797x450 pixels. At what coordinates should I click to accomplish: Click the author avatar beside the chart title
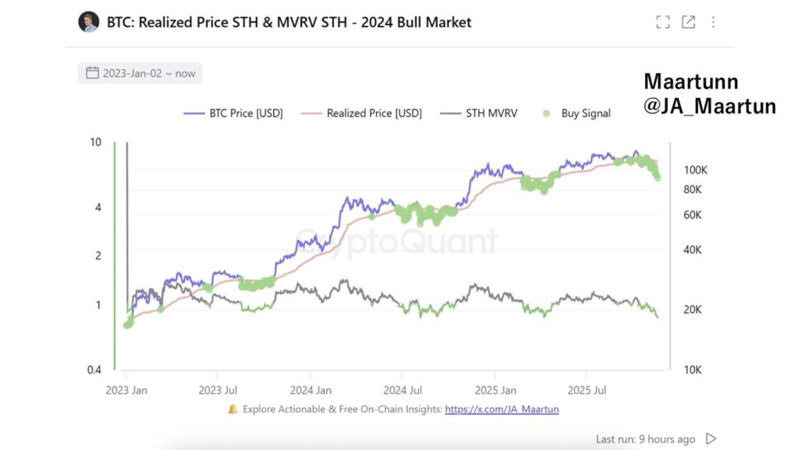(x=89, y=22)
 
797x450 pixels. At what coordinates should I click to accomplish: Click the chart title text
(x=289, y=22)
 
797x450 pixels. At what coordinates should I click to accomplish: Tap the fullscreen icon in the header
(x=662, y=22)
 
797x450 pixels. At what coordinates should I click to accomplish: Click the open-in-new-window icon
(x=688, y=22)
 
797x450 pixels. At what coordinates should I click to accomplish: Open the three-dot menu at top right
(x=713, y=22)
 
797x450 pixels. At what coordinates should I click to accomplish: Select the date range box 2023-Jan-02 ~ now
(x=140, y=73)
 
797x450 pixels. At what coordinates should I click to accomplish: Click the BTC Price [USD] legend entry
(x=233, y=113)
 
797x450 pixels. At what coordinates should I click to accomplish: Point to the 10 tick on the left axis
(x=96, y=142)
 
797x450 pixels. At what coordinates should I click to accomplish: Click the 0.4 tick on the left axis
(x=93, y=370)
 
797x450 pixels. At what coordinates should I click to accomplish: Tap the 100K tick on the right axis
(x=695, y=170)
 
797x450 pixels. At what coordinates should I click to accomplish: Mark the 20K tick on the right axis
(x=693, y=310)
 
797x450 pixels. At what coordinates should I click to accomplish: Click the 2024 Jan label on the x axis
(x=311, y=389)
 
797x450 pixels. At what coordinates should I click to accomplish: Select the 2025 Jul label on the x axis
(x=587, y=389)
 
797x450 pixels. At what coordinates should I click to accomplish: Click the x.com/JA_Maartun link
(x=501, y=409)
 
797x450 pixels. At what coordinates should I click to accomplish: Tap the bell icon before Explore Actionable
(x=233, y=409)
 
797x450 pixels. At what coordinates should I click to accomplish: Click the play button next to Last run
(x=710, y=439)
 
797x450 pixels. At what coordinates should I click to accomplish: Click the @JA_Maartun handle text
(x=709, y=107)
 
